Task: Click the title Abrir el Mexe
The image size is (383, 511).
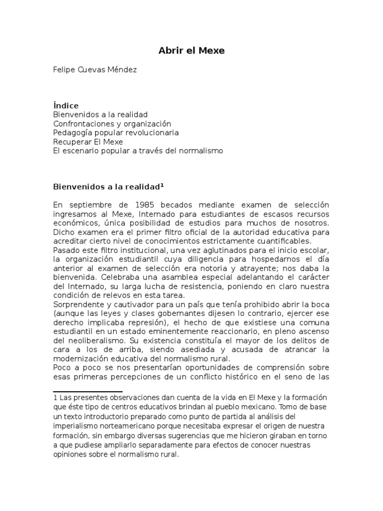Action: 191,50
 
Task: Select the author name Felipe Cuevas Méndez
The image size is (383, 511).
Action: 95,69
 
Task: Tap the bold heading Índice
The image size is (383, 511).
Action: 66,106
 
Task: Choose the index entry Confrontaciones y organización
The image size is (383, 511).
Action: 112,123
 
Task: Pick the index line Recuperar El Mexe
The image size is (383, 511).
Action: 88,142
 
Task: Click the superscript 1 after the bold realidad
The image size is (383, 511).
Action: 162,185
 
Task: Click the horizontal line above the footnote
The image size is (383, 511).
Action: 88,392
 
